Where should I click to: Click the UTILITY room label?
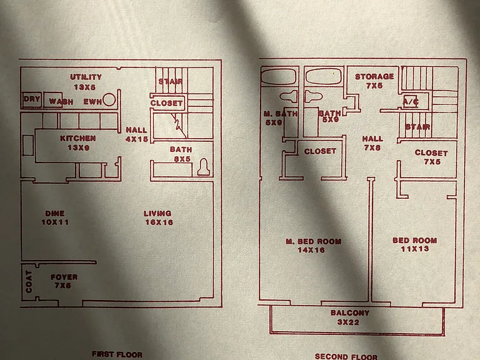[x=86, y=77]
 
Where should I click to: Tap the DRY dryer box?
[x=32, y=99]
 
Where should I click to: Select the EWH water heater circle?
[x=109, y=100]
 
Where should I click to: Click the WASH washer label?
[x=61, y=102]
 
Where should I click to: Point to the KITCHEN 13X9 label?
[x=78, y=143]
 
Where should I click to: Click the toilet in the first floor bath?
[x=204, y=167]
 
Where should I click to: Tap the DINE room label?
[x=55, y=213]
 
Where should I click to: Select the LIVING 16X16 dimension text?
[x=159, y=222]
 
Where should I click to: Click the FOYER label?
[x=64, y=277]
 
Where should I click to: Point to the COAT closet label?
[x=29, y=282]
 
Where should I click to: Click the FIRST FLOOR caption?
[x=117, y=354]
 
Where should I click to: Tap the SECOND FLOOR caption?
[x=346, y=356]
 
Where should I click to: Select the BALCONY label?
[x=350, y=313]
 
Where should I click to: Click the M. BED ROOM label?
[x=314, y=241]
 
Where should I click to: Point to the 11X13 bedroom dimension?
[x=415, y=249]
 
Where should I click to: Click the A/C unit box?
[x=411, y=101]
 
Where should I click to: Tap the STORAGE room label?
[x=374, y=76]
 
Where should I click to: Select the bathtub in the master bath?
[x=279, y=76]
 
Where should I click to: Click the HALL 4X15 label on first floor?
[x=137, y=134]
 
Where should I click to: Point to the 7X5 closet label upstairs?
[x=432, y=162]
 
